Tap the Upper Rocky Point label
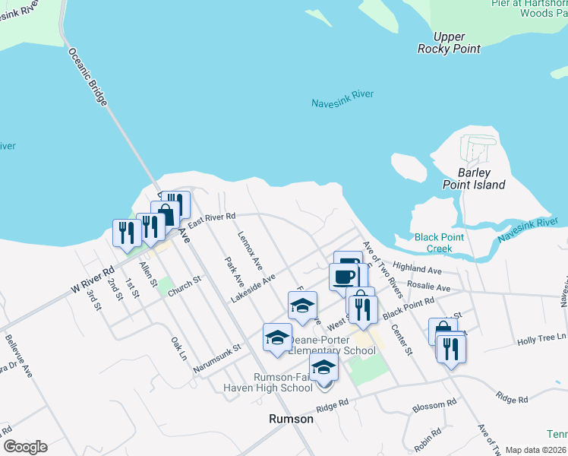tap(449, 43)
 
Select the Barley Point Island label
tap(475, 179)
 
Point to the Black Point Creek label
tap(439, 242)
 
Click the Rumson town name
tap(292, 419)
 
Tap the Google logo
tap(25, 447)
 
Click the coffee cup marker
tap(344, 275)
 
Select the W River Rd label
tap(92, 280)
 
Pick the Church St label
tap(184, 287)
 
